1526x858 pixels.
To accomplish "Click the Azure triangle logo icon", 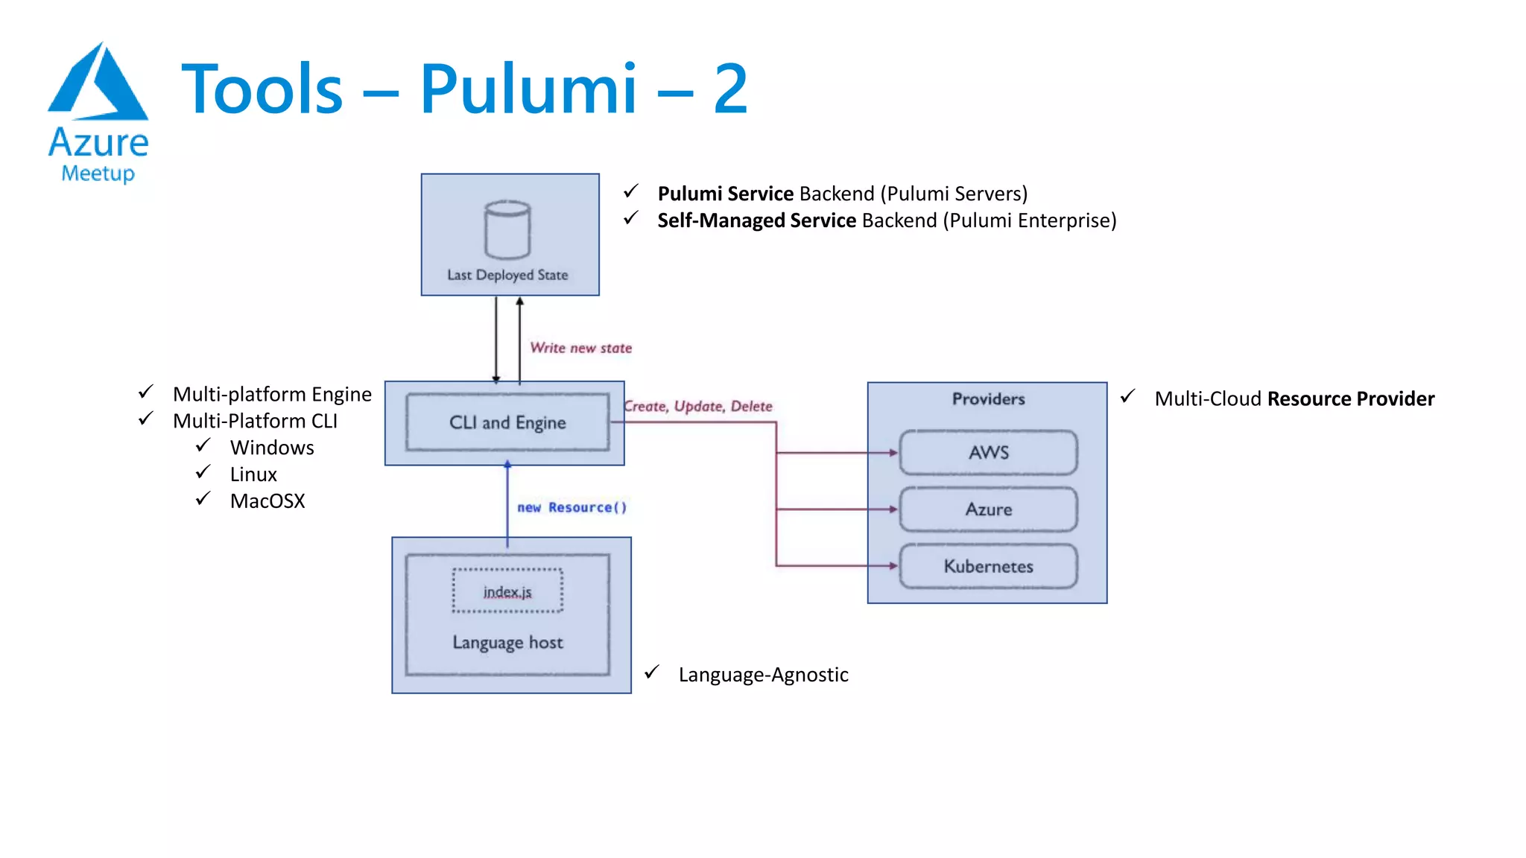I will click(x=98, y=83).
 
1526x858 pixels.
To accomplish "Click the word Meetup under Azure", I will click(x=98, y=174).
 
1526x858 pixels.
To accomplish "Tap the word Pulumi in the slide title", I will click(x=528, y=89).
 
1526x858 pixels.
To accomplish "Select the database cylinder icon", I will click(x=507, y=229).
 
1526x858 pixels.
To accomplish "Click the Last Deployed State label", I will click(x=507, y=275).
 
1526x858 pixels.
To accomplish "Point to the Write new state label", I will click(x=580, y=348).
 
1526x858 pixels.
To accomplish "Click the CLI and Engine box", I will click(x=507, y=422).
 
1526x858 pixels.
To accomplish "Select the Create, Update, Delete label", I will click(x=698, y=407).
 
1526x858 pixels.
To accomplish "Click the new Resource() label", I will click(x=572, y=507).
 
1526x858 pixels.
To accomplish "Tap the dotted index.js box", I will click(x=507, y=591).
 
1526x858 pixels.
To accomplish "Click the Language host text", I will click(x=507, y=642).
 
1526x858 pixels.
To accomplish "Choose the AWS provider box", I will click(x=988, y=452).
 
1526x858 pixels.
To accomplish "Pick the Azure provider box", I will click(x=988, y=509).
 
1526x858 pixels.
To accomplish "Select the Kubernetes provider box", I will click(x=988, y=566).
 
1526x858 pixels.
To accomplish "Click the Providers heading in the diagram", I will click(x=988, y=399).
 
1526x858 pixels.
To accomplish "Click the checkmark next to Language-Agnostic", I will click(x=652, y=673).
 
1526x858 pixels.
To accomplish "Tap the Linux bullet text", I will click(x=253, y=474).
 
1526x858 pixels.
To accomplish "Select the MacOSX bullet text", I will click(x=267, y=501).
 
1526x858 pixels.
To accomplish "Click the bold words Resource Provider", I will click(x=1350, y=399).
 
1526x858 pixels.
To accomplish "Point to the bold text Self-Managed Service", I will click(x=756, y=220).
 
